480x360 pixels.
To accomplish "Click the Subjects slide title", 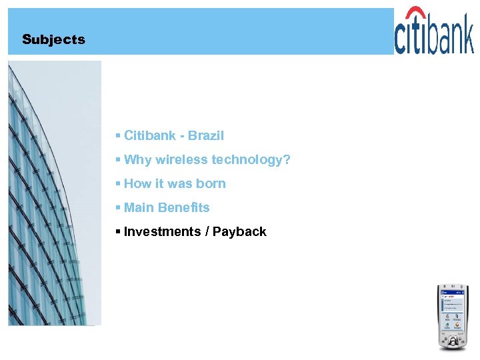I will [x=53, y=39].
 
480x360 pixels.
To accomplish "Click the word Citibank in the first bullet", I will [x=150, y=135].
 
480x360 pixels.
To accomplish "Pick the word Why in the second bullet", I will [x=137, y=159].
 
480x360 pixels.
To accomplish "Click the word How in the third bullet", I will [x=137, y=183].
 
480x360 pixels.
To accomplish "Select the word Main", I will [x=139, y=207].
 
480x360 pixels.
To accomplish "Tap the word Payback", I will [x=239, y=231].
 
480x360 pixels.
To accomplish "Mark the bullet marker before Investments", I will [x=117, y=231].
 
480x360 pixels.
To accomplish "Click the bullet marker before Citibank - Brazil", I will [x=117, y=135].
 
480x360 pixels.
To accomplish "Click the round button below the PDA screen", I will [x=453, y=341].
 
